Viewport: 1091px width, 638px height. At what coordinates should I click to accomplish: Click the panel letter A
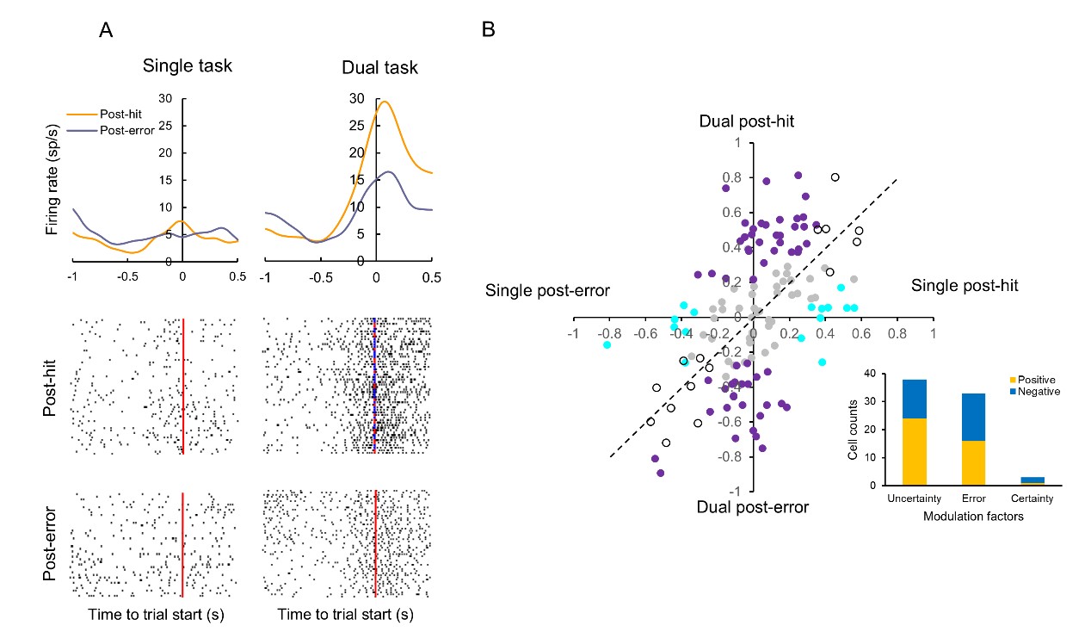point(106,31)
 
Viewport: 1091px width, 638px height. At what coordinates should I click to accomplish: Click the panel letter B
point(488,31)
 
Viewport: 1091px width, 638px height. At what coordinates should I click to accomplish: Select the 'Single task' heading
point(188,65)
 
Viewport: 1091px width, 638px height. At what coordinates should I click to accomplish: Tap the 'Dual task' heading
point(379,66)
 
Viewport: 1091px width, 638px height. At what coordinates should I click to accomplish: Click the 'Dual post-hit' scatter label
point(745,123)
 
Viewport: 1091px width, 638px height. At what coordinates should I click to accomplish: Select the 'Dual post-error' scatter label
point(753,507)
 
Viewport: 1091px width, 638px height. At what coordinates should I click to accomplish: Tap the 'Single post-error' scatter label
point(548,290)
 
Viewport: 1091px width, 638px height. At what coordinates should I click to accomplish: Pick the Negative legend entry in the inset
point(1039,391)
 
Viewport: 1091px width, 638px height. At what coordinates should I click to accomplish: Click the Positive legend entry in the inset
point(1037,379)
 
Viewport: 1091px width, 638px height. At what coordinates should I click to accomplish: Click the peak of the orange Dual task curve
point(385,102)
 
